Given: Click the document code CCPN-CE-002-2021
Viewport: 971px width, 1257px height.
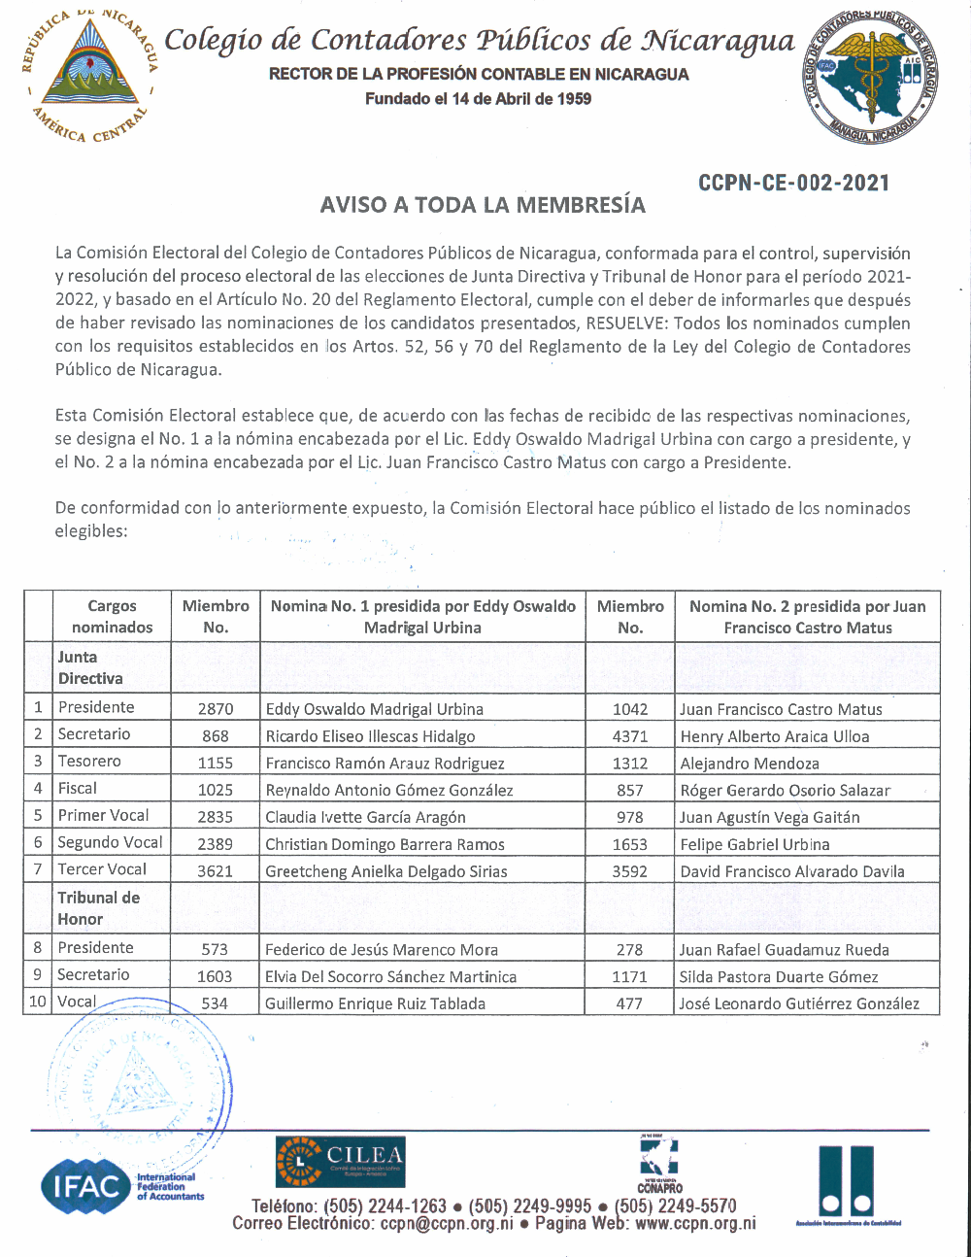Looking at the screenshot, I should click(793, 183).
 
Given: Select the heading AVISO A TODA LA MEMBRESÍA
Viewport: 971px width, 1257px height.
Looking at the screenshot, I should click(483, 205).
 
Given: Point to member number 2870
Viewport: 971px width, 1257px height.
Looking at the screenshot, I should click(216, 709).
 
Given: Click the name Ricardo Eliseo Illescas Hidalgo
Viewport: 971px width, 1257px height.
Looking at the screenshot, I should click(370, 736).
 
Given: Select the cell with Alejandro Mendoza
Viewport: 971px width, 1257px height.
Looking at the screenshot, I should click(750, 764).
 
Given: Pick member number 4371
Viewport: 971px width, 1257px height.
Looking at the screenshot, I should click(629, 736).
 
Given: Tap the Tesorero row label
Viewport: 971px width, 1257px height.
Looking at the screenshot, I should click(89, 762).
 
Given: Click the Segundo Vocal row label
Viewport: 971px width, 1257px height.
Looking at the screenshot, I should click(110, 842).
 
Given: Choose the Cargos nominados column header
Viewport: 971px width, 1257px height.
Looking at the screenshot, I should click(112, 617).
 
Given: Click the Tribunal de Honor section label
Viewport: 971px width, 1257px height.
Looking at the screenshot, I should click(98, 908).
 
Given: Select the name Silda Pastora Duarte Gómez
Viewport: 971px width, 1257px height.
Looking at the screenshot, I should click(779, 977).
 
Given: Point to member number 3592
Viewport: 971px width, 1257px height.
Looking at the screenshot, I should click(629, 871).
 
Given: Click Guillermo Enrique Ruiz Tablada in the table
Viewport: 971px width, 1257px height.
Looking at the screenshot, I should click(375, 1003).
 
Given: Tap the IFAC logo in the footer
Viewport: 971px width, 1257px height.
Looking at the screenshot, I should click(87, 1185).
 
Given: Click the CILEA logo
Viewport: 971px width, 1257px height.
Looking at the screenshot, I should click(340, 1162).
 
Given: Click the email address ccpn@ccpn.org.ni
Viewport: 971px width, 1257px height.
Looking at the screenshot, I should click(447, 1224).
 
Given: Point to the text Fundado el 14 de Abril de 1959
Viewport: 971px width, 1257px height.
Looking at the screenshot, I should click(478, 99).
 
